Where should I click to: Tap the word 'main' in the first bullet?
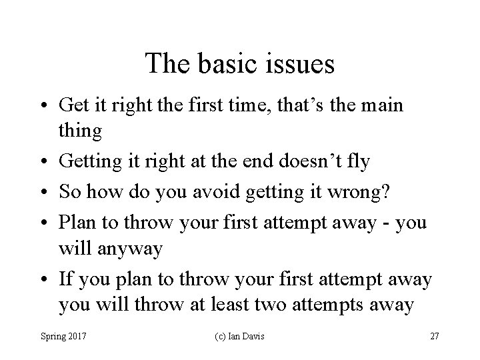[x=386, y=105]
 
